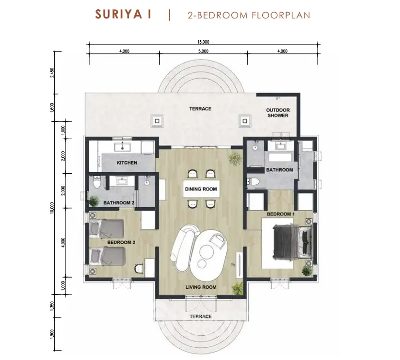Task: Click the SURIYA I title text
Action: [x=123, y=14]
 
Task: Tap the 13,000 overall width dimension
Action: [x=203, y=42]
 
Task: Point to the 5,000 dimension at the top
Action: [x=203, y=51]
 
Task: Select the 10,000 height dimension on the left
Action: [x=52, y=208]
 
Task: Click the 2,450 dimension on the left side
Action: [x=52, y=73]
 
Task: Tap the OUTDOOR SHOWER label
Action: [x=278, y=113]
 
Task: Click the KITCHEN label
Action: [x=127, y=163]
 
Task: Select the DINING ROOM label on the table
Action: [x=201, y=189]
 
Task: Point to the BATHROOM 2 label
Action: [x=119, y=203]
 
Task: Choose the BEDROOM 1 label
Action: [x=281, y=214]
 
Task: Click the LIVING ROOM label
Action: [x=201, y=287]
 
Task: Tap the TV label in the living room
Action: [x=233, y=265]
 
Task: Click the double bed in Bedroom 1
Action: [x=292, y=241]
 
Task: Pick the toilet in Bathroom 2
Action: [x=96, y=181]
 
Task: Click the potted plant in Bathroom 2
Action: [x=94, y=201]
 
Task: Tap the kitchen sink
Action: [x=123, y=147]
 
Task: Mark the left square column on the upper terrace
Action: [x=157, y=121]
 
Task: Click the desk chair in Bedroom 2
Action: [x=139, y=269]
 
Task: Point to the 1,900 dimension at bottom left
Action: [x=52, y=334]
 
